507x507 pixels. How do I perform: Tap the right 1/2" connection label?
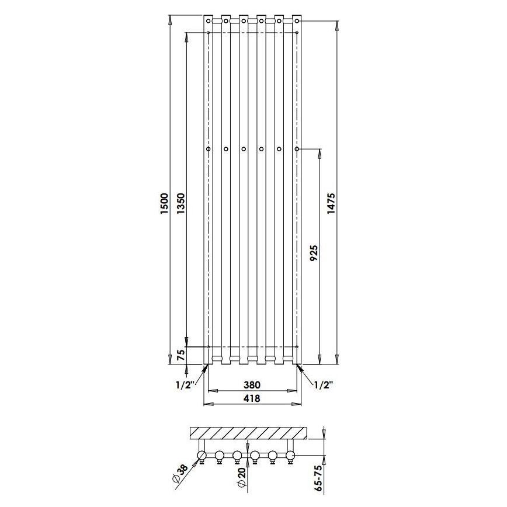(324, 386)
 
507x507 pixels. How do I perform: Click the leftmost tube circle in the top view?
(202, 456)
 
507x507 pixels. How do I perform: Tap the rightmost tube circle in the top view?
(291, 456)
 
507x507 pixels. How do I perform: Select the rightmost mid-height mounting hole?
(297, 150)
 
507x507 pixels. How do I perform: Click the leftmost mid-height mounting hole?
(207, 150)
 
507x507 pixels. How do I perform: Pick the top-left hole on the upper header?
(209, 22)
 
